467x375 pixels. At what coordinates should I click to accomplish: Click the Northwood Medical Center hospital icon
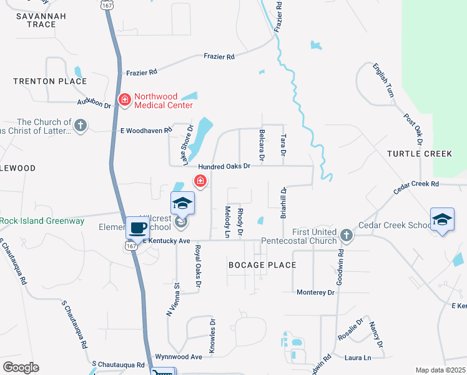124,100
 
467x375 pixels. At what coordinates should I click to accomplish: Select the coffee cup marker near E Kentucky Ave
137,228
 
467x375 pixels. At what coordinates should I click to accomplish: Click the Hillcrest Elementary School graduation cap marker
182,203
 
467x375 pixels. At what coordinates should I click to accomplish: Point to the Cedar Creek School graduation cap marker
442,220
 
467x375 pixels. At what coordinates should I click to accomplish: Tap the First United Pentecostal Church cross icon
347,236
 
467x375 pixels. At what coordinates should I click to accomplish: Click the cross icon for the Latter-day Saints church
80,126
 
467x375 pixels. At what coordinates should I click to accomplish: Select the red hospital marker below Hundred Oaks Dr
200,181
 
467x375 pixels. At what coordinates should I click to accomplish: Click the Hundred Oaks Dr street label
224,167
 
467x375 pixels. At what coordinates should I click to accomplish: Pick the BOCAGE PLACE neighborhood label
262,265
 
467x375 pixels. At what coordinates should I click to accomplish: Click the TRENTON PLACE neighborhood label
50,81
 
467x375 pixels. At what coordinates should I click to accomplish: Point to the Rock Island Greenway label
42,221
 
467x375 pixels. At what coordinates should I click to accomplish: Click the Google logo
21,367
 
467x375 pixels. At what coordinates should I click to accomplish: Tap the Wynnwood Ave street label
179,356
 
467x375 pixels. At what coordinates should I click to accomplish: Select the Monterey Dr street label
316,292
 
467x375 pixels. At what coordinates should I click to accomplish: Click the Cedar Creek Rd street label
416,184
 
